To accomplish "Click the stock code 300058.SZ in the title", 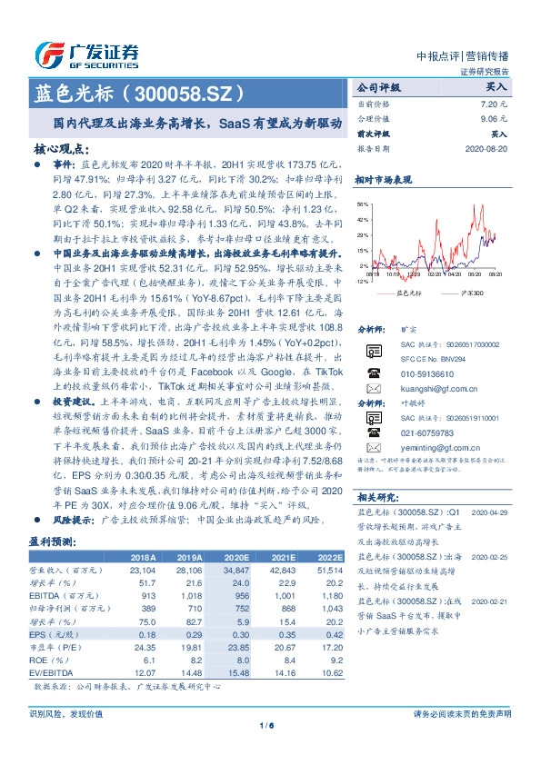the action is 190,94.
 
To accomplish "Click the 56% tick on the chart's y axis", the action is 363,204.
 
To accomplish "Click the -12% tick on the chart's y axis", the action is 362,282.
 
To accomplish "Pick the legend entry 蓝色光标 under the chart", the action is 410,293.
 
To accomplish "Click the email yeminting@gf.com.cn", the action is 424,448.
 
